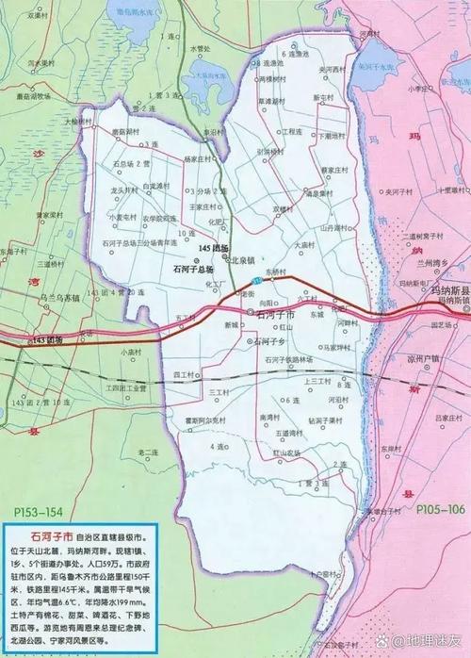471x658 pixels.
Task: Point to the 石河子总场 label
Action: click(x=195, y=268)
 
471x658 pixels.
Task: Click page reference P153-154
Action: click(x=41, y=510)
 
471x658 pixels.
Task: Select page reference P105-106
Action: click(x=440, y=509)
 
